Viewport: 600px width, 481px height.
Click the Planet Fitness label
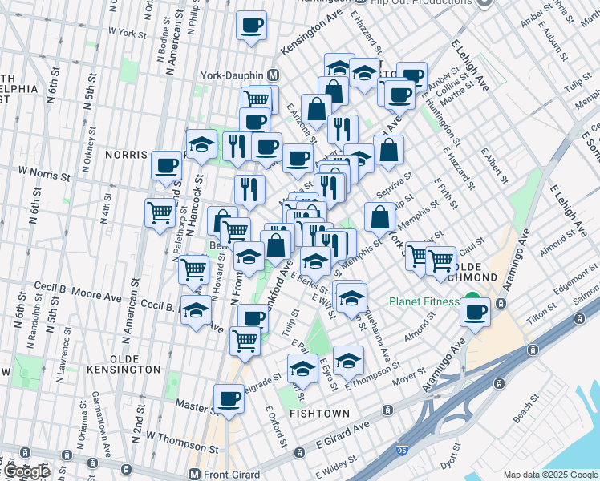point(425,302)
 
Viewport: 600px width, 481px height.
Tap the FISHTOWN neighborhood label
point(319,414)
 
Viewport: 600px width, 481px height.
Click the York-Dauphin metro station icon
point(273,75)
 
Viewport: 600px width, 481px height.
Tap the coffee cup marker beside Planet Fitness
point(476,311)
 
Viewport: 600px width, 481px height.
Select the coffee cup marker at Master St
point(229,398)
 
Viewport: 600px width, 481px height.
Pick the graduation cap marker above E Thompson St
point(348,360)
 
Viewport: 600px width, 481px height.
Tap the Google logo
point(27,471)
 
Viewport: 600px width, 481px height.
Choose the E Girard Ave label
point(342,432)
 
